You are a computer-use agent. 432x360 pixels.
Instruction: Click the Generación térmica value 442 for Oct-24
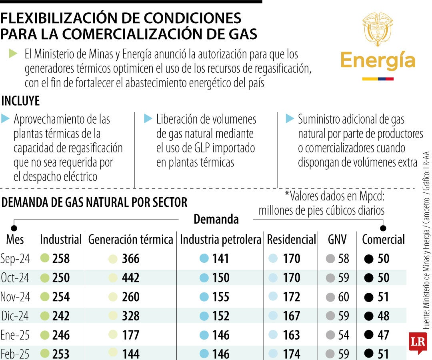click(x=131, y=278)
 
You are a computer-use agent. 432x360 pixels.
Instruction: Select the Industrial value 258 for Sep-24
click(x=61, y=259)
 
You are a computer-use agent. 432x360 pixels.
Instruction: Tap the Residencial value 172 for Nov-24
click(x=291, y=297)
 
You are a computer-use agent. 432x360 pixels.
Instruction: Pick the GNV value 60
click(x=344, y=297)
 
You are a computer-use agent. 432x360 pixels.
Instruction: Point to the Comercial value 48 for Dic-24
click(x=383, y=316)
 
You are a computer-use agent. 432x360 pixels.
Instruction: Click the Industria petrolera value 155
click(x=221, y=297)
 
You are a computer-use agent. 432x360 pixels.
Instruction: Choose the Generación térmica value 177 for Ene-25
click(x=131, y=335)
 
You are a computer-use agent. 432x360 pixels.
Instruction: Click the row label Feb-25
click(x=15, y=354)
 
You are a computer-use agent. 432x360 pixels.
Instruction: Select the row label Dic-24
click(x=15, y=316)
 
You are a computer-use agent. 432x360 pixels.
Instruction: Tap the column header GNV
click(x=337, y=240)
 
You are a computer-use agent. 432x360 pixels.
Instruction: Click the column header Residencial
click(x=291, y=240)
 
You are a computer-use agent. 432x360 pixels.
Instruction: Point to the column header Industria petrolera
click(x=220, y=240)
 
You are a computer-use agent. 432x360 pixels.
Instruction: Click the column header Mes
click(x=15, y=240)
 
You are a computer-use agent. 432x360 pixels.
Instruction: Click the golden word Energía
click(x=378, y=61)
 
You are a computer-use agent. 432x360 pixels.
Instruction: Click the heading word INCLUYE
click(x=21, y=101)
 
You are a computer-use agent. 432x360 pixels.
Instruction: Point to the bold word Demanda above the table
click(x=216, y=219)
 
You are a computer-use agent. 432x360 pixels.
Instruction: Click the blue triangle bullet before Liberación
click(x=148, y=118)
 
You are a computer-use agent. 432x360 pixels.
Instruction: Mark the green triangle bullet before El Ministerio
click(x=13, y=53)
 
